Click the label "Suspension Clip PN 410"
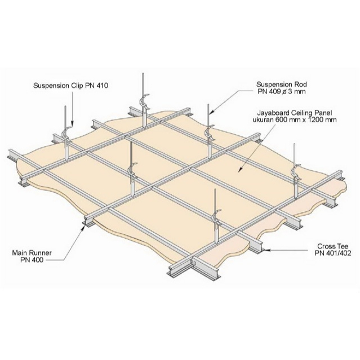tap(71, 86)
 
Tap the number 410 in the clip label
tap(102, 86)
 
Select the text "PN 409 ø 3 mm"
tap(282, 92)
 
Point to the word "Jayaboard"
tap(273, 113)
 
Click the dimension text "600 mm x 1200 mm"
tap(306, 119)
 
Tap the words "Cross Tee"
tap(333, 246)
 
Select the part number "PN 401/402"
tap(333, 254)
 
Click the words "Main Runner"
tap(32, 253)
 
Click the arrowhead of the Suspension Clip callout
tap(72, 124)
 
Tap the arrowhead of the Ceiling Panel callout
tap(240, 170)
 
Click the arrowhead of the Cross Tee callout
tap(266, 250)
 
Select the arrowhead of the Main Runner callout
tap(84, 227)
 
